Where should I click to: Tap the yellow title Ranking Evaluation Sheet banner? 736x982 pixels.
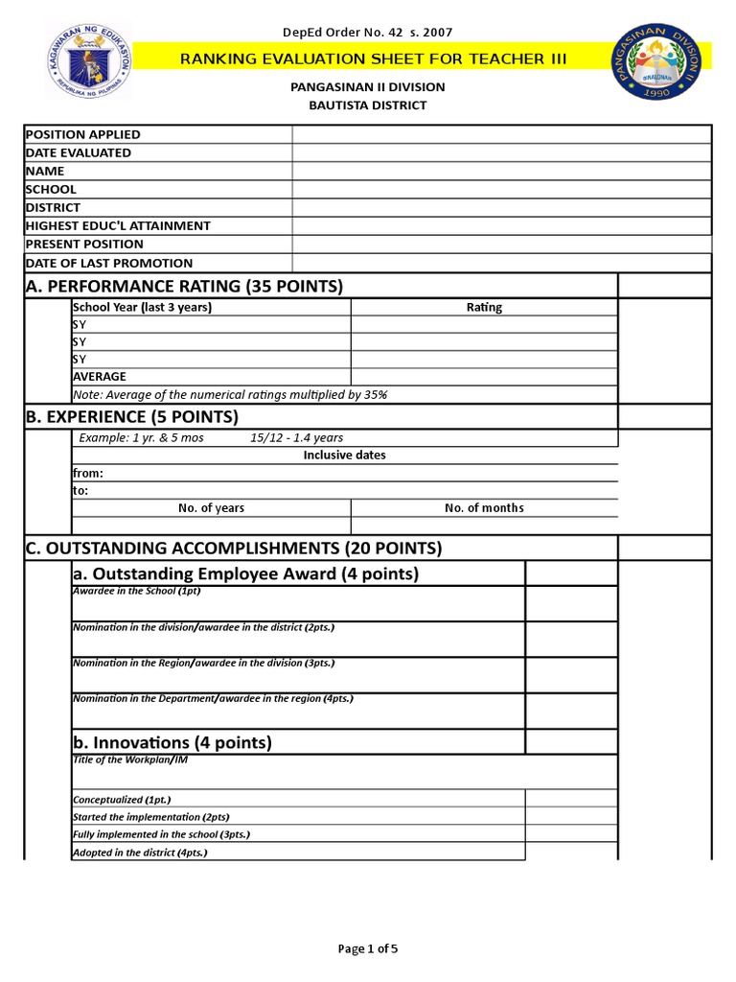(374, 59)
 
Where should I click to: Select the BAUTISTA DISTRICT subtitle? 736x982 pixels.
(367, 105)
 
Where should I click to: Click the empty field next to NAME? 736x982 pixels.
(501, 171)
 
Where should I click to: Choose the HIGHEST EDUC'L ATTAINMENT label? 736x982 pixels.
(118, 225)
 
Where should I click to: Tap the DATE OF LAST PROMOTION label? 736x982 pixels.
(108, 263)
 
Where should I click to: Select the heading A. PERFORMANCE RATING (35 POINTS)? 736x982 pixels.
(184, 286)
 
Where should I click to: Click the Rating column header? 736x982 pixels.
(484, 308)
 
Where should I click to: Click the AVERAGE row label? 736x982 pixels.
(100, 377)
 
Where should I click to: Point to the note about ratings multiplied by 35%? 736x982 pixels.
(230, 394)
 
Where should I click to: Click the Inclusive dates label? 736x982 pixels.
(344, 456)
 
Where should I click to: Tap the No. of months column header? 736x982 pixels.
(484, 508)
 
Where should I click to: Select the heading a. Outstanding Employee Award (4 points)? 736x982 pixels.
(246, 573)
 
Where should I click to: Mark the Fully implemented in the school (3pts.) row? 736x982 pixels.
(161, 834)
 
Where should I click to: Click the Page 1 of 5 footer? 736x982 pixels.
(368, 949)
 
